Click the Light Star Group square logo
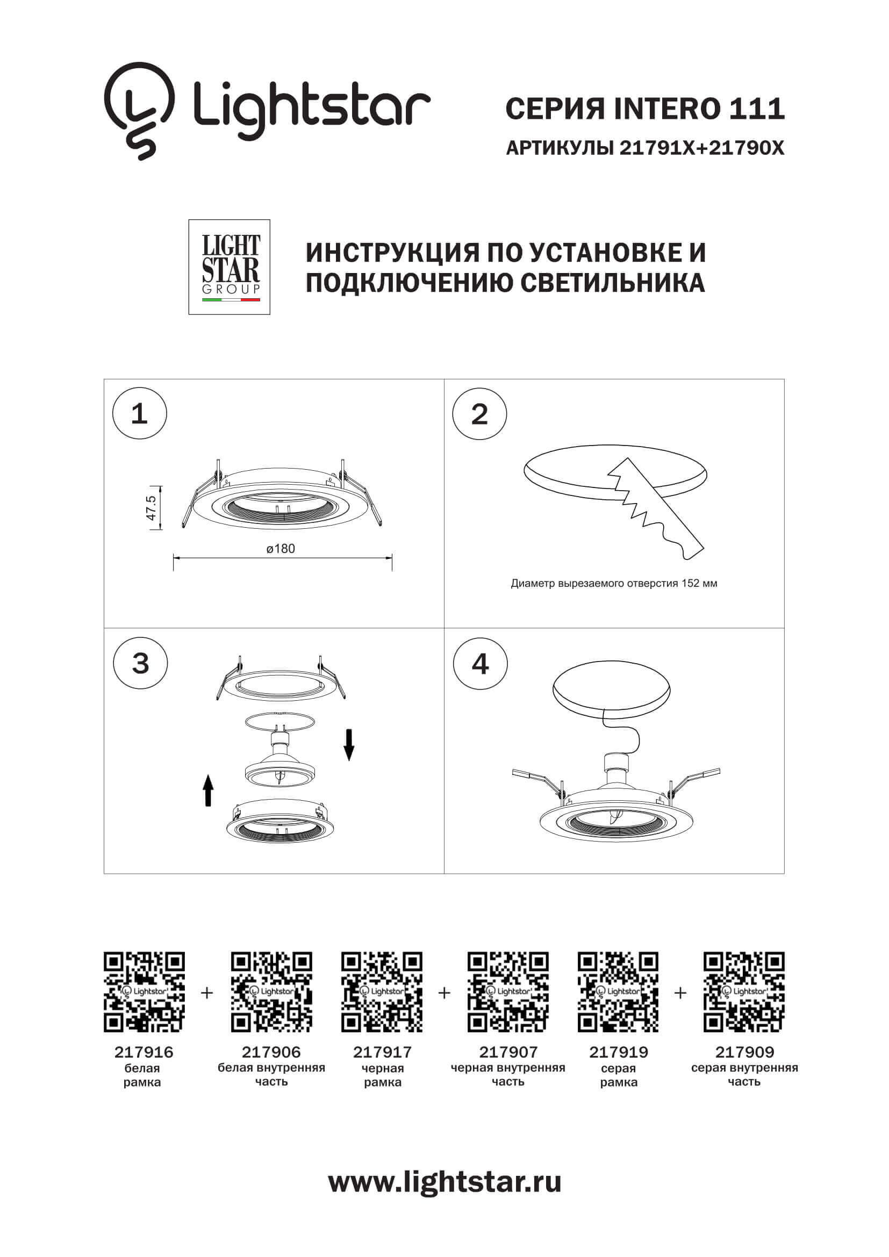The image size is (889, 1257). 230,267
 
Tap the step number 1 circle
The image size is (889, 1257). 140,414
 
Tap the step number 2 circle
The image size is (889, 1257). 479,414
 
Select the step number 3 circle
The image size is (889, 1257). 140,664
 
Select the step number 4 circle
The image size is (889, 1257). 480,664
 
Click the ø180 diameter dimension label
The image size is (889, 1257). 281,549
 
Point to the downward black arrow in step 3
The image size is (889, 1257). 349,745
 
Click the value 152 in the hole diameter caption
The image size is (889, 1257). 690,584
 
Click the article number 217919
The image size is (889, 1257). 618,1052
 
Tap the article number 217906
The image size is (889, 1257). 271,1052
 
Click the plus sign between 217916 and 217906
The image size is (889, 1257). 207,993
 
